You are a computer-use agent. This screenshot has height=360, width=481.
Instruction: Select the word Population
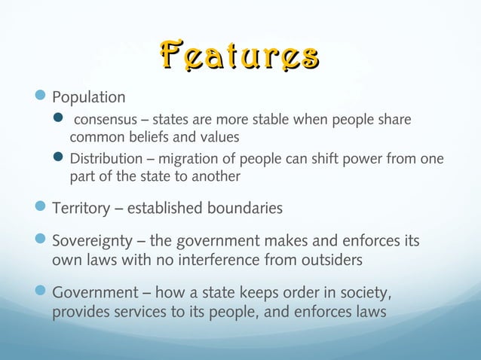88,98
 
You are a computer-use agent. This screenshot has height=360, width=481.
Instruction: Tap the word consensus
105,121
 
